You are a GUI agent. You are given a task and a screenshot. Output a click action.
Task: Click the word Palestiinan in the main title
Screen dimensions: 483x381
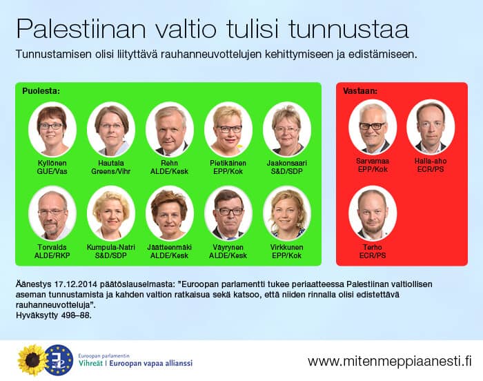point(81,29)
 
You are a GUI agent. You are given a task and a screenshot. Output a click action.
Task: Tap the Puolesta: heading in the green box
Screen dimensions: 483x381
point(41,91)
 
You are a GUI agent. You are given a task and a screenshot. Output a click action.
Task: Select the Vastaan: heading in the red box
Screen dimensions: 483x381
point(359,91)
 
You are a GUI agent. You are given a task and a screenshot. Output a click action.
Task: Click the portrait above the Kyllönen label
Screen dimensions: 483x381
point(52,130)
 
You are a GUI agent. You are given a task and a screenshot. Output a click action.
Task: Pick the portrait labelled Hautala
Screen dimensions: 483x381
point(111,130)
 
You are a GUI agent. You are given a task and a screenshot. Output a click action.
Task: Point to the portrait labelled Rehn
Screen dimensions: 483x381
point(170,130)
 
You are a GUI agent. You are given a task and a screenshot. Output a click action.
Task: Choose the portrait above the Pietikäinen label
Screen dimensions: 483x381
point(228,130)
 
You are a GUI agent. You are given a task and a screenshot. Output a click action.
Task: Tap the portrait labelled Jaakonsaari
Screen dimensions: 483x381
point(287,130)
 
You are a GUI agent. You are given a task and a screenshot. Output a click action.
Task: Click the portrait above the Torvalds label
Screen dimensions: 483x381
point(52,214)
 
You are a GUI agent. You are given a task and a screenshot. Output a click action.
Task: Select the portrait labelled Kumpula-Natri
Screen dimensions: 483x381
point(111,214)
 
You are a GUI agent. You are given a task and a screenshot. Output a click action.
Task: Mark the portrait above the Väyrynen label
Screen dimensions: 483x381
point(228,214)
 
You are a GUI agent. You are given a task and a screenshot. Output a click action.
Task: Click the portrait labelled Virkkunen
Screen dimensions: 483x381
point(287,214)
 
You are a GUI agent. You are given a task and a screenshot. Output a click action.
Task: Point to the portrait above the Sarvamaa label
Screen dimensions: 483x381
point(373,128)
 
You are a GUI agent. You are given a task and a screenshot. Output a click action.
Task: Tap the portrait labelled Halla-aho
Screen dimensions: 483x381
point(431,128)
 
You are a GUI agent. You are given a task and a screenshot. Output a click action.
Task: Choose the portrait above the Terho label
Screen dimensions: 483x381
point(373,214)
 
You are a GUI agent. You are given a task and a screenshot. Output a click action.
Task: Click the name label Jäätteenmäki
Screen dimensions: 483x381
point(170,247)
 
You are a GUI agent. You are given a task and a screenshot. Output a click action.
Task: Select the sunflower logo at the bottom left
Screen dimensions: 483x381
point(32,360)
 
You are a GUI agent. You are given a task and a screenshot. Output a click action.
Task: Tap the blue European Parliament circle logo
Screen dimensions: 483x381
point(59,360)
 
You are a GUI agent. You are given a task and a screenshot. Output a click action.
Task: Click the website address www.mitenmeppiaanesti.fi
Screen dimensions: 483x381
point(390,361)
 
